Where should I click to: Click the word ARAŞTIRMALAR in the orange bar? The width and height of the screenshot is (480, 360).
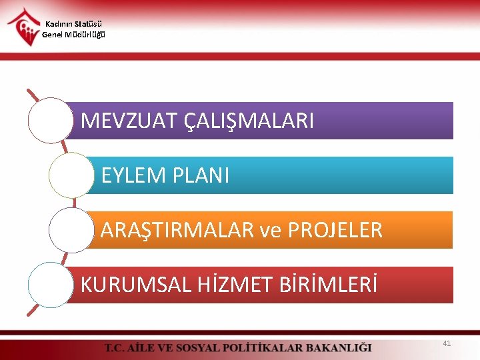pos(177,230)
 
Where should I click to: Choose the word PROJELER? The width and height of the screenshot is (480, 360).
pos(335,230)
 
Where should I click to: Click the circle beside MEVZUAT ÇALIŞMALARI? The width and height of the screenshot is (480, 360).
pos(50,121)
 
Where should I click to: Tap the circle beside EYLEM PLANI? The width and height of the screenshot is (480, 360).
pos(71,175)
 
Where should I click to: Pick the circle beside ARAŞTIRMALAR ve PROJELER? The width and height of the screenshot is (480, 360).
pos(71,230)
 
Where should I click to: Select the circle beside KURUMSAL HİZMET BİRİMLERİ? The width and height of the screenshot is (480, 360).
pos(50,285)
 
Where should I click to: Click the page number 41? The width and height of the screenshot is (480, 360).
pos(447,343)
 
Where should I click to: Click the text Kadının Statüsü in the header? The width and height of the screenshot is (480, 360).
pos(73,25)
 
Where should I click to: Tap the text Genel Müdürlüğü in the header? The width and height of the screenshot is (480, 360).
pos(73,35)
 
